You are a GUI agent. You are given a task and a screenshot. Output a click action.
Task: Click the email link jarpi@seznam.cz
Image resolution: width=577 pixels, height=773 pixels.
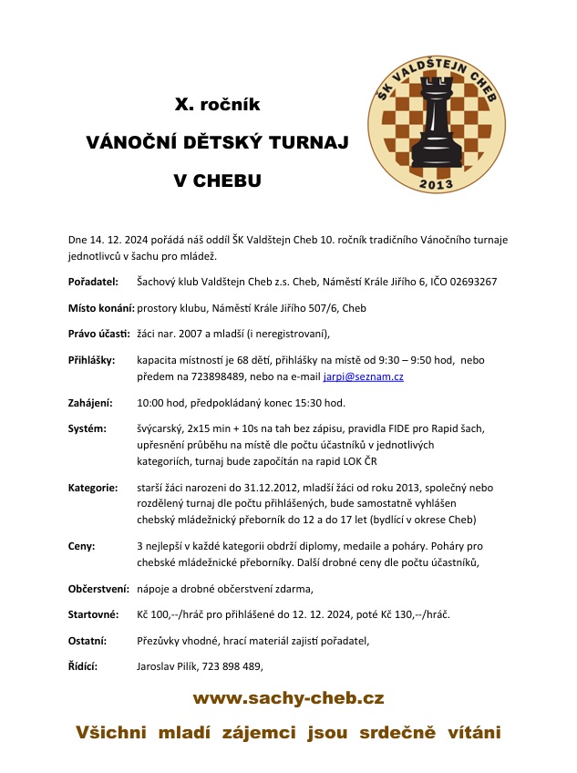tap(364, 376)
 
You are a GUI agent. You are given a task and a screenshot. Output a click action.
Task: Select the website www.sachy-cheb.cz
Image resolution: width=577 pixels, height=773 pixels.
tap(288, 699)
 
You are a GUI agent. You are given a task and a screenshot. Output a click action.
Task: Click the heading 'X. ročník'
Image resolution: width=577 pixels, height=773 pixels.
tap(217, 105)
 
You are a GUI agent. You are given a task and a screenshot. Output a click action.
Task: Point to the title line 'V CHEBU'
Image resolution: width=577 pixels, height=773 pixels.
tap(217, 180)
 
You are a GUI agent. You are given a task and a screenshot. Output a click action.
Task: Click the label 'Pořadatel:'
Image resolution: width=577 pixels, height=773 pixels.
tap(93, 282)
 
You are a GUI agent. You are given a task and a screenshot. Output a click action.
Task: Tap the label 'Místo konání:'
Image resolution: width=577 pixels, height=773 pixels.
tap(101, 308)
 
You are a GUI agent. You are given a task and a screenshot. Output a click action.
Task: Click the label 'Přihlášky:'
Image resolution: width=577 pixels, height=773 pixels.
tap(92, 360)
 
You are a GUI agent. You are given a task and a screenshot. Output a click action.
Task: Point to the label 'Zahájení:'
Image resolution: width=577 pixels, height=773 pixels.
tap(90, 402)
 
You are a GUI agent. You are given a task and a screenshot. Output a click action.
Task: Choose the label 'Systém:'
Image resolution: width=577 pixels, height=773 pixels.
tap(87, 428)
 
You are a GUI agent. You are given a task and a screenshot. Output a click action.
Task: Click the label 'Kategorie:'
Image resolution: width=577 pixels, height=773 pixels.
tap(93, 488)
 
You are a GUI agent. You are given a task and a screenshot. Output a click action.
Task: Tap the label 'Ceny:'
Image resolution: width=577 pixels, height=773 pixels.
tap(82, 546)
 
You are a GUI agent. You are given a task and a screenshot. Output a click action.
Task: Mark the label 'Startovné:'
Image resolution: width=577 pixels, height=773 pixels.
tap(94, 614)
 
